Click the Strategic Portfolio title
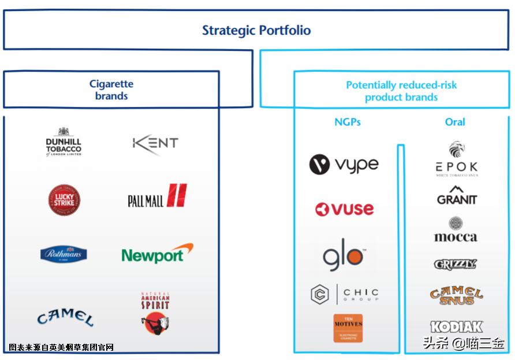pyautogui.click(x=256, y=31)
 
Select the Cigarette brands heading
pyautogui.click(x=111, y=90)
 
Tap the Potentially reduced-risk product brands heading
pyautogui.click(x=401, y=91)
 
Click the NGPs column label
pyautogui.click(x=348, y=122)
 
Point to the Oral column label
pyautogui.click(x=455, y=122)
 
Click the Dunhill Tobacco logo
pyautogui.click(x=64, y=142)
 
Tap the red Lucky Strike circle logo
pyautogui.click(x=64, y=200)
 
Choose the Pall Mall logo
pyautogui.click(x=158, y=197)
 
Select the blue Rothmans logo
pyautogui.click(x=64, y=254)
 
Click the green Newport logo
pyautogui.click(x=157, y=254)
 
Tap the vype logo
pyautogui.click(x=344, y=165)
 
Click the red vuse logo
pyautogui.click(x=345, y=209)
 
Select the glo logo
pyautogui.click(x=343, y=257)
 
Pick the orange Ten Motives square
pyautogui.click(x=348, y=328)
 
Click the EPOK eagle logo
pyautogui.click(x=457, y=159)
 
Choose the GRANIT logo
pyautogui.click(x=457, y=196)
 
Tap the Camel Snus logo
pyautogui.click(x=456, y=295)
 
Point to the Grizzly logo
pyautogui.click(x=456, y=264)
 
